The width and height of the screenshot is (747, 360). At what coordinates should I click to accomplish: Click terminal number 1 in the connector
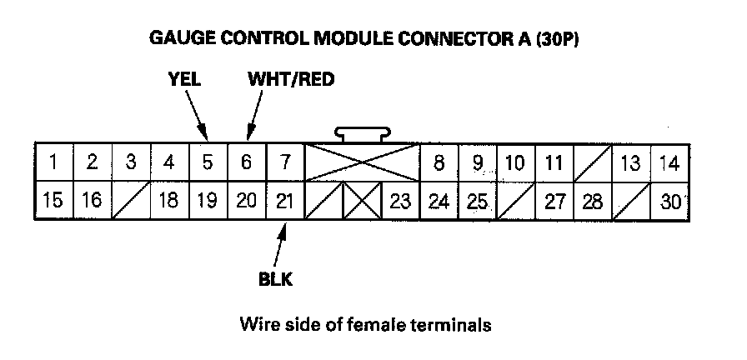pyautogui.click(x=53, y=162)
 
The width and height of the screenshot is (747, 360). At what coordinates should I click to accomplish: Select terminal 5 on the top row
pyautogui.click(x=208, y=162)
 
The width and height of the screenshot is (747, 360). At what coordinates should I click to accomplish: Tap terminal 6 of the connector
pyautogui.click(x=246, y=162)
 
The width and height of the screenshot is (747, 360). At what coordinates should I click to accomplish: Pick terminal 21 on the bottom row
pyautogui.click(x=284, y=201)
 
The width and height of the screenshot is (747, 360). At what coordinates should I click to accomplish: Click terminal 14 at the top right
pyautogui.click(x=669, y=162)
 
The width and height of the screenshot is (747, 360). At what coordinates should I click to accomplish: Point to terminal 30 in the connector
pyautogui.click(x=669, y=201)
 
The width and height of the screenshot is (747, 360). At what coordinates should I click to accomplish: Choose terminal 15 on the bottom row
pyautogui.click(x=53, y=201)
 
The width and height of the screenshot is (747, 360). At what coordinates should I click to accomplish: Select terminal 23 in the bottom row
pyautogui.click(x=400, y=201)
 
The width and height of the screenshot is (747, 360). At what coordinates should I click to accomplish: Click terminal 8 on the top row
pyautogui.click(x=439, y=162)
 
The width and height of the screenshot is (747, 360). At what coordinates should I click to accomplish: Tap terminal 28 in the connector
pyautogui.click(x=593, y=201)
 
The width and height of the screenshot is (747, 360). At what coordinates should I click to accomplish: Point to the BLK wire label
pyautogui.click(x=275, y=278)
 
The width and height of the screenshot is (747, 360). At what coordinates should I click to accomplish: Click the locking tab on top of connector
pyautogui.click(x=362, y=133)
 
